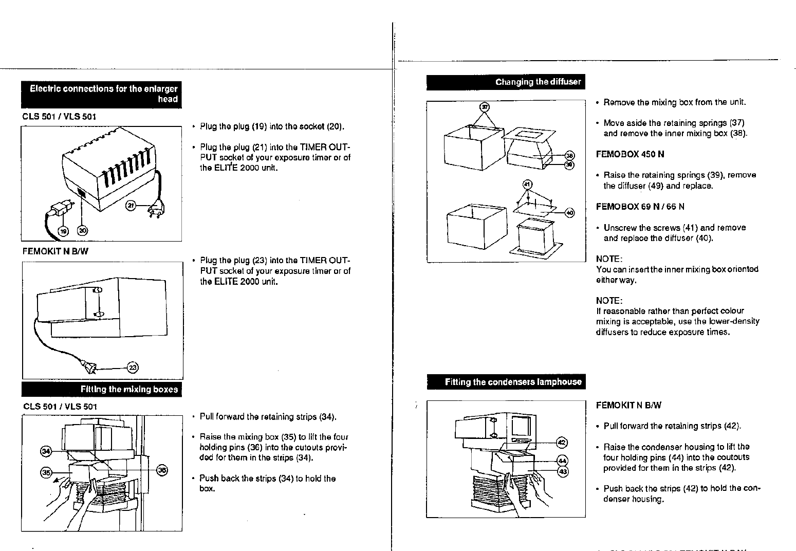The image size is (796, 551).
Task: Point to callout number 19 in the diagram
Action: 64,231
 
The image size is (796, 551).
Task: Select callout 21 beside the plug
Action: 131,206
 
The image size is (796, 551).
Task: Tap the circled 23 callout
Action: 133,368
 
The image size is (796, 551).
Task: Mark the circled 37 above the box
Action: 484,107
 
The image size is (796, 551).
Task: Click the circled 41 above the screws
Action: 527,184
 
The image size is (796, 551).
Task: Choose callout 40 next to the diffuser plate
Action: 569,213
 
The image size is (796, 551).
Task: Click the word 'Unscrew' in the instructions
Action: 620,228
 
